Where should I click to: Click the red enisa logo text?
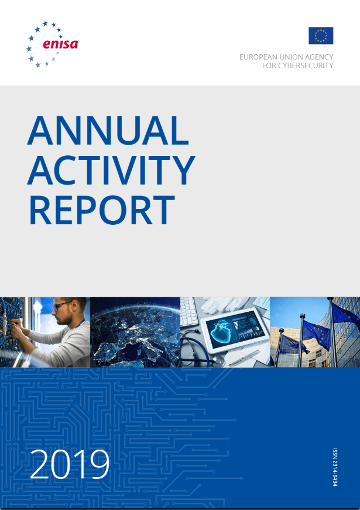pyautogui.click(x=60, y=43)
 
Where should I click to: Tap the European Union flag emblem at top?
pyautogui.click(x=320, y=36)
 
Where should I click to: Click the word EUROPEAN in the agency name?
pyautogui.click(x=257, y=57)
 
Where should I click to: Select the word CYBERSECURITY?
pyautogui.click(x=305, y=66)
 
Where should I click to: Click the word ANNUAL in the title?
pyautogui.click(x=108, y=130)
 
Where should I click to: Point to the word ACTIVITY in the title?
pyautogui.click(x=111, y=170)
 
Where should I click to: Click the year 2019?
pyautogui.click(x=70, y=464)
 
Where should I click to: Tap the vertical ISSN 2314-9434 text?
pyautogui.click(x=335, y=467)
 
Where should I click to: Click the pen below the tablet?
pyautogui.click(x=244, y=358)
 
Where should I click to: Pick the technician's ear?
pyautogui.click(x=74, y=308)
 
